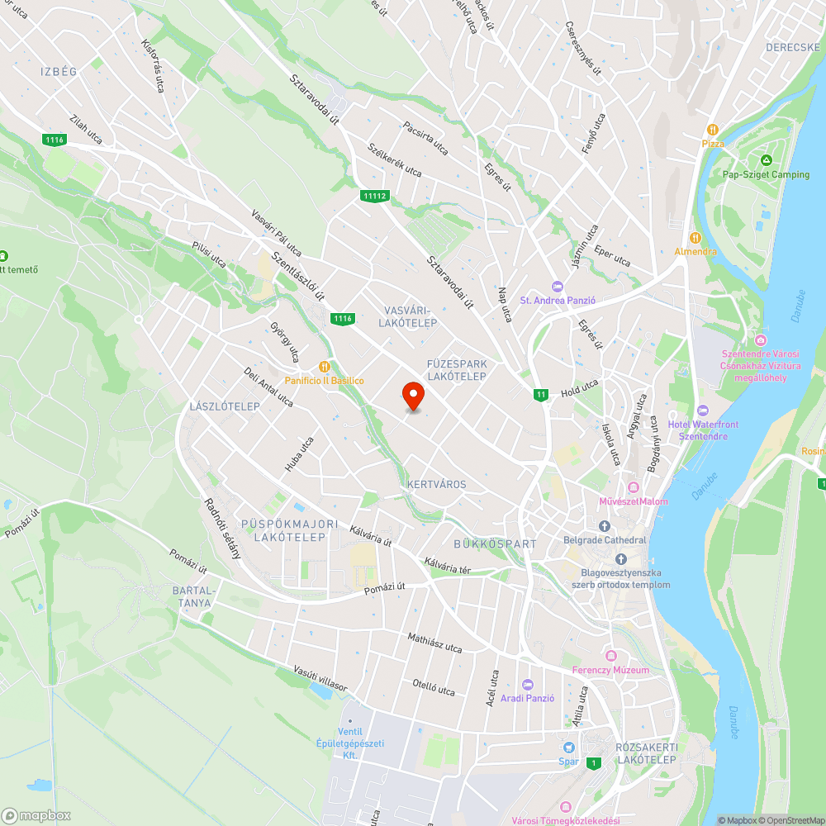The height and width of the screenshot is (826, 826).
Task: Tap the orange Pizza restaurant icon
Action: click(x=711, y=130)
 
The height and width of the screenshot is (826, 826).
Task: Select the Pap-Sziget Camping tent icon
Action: click(x=766, y=160)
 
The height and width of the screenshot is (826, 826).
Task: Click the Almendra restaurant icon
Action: click(x=695, y=238)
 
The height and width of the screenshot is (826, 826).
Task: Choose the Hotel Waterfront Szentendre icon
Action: click(x=703, y=411)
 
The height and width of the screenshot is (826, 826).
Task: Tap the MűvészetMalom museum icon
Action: click(x=634, y=487)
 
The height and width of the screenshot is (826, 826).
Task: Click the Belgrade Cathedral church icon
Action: click(x=604, y=526)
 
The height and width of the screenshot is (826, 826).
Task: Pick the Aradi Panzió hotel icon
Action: click(x=528, y=684)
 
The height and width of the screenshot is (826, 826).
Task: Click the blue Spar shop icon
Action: click(x=567, y=747)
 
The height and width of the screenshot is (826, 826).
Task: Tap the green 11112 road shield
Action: click(x=374, y=196)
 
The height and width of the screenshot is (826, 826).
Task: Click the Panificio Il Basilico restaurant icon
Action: click(x=324, y=366)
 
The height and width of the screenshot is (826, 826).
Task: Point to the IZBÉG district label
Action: click(x=59, y=72)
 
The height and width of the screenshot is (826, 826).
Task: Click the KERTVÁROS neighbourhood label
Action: click(x=436, y=484)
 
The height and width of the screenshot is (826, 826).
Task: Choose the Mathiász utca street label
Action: click(x=434, y=643)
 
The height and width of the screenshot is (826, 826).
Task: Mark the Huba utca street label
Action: click(x=300, y=454)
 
